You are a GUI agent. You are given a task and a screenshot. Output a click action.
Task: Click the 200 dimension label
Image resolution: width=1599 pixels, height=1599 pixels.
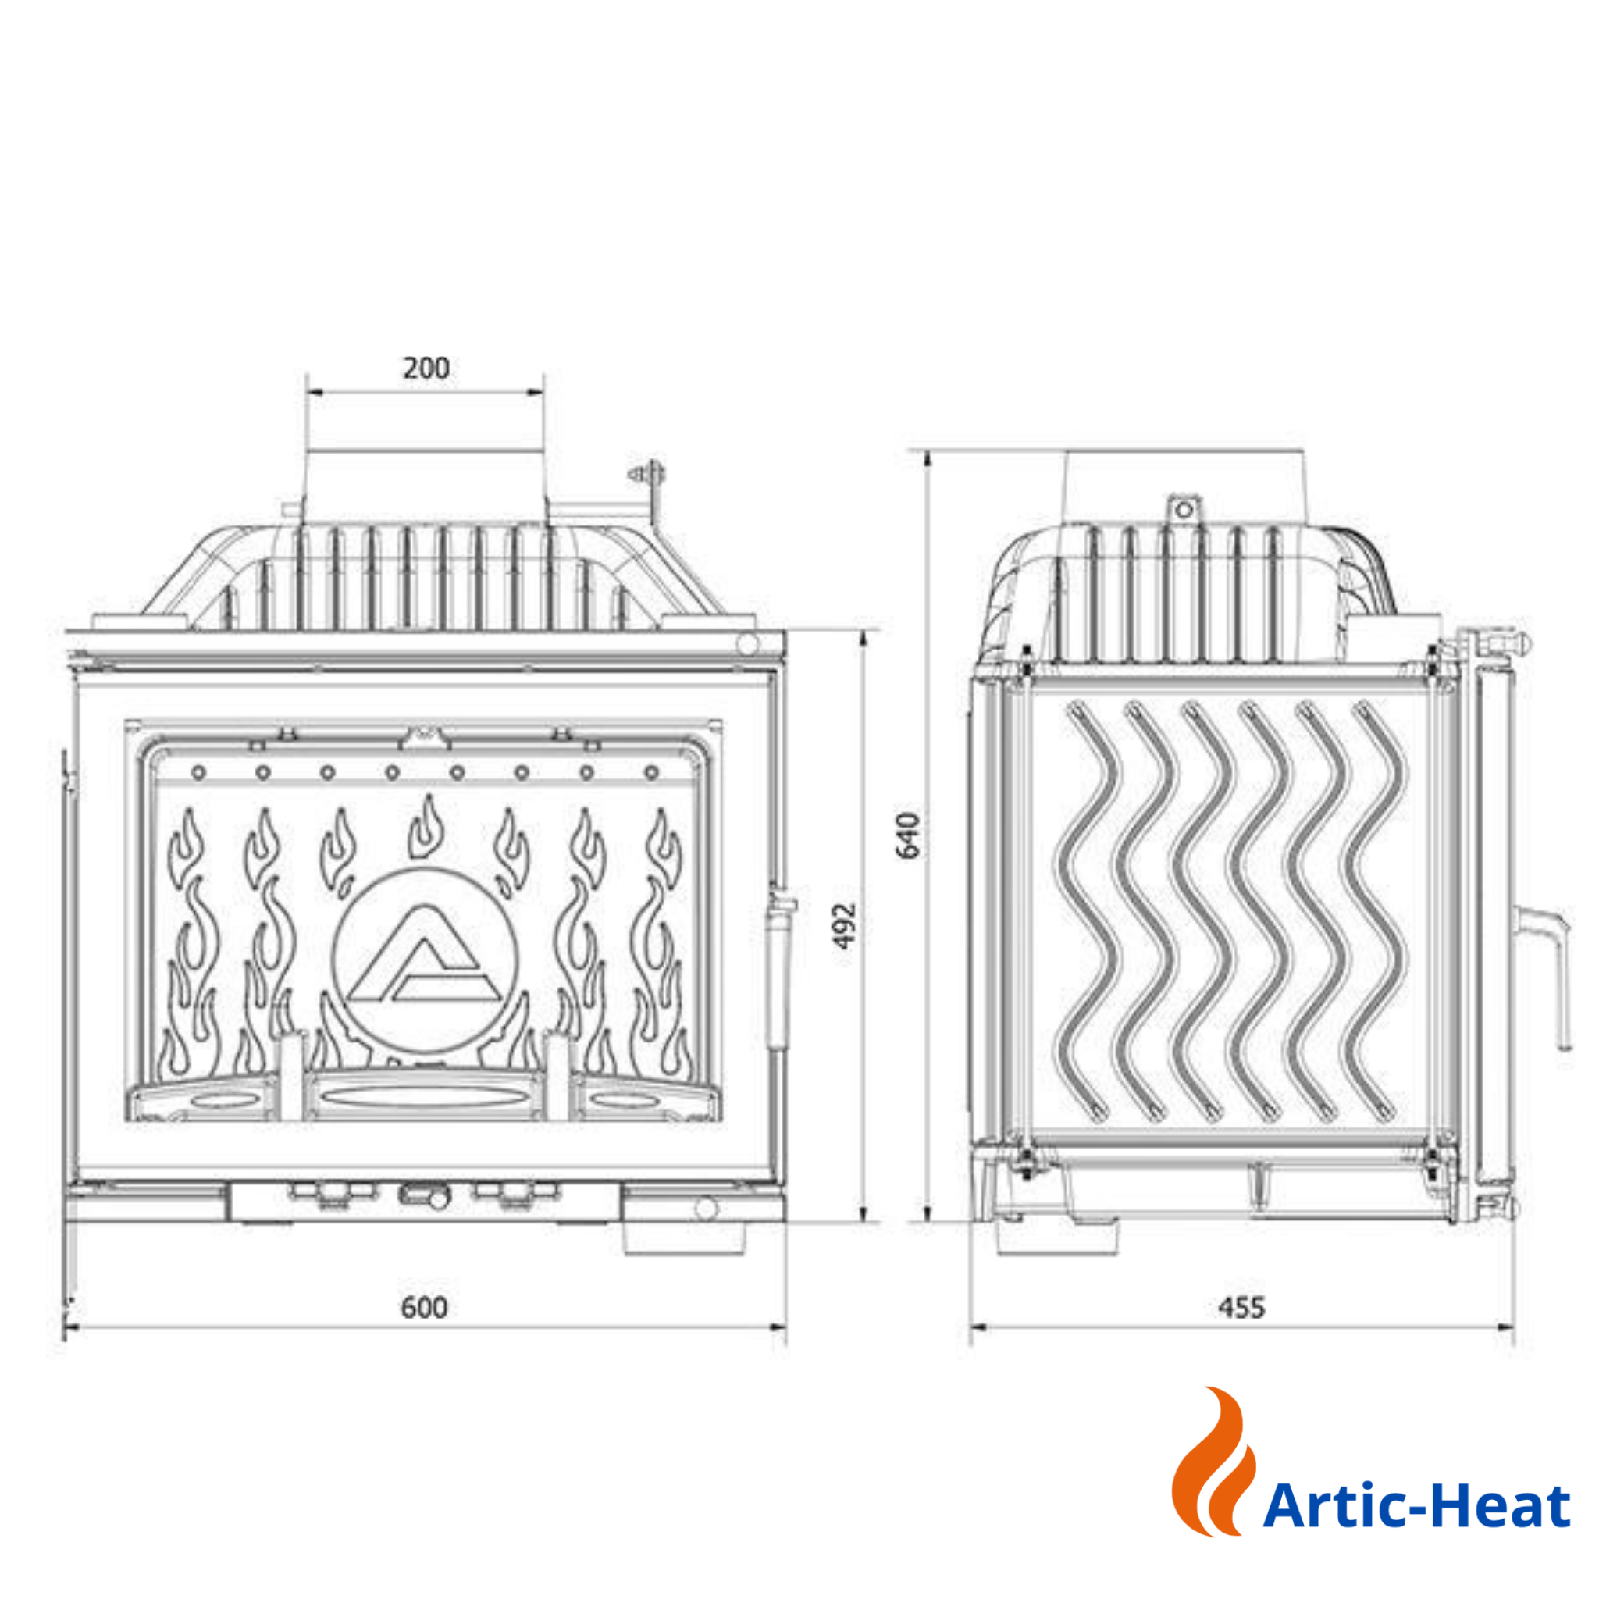pyautogui.click(x=426, y=369)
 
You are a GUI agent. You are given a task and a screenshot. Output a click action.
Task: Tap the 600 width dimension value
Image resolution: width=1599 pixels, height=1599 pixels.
pyautogui.click(x=425, y=1308)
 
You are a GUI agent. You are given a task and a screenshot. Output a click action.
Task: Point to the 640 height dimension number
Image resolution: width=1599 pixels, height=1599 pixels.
pyautogui.click(x=908, y=836)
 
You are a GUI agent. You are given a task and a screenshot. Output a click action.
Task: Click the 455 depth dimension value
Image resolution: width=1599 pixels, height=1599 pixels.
pyautogui.click(x=1242, y=1308)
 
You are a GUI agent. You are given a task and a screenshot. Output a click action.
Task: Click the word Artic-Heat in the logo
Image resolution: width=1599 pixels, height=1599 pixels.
pyautogui.click(x=1417, y=1505)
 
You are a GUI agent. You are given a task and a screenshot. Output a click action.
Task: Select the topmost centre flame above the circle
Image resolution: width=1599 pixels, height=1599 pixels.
pyautogui.click(x=426, y=827)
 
